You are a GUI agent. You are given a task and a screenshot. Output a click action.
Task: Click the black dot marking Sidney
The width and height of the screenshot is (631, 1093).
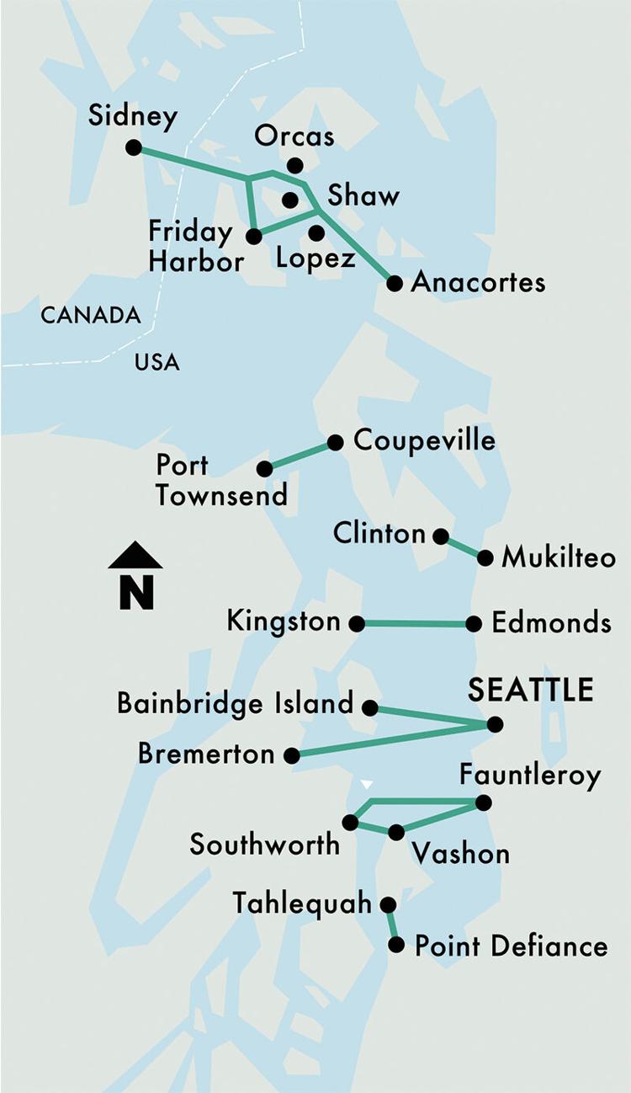[x=133, y=147]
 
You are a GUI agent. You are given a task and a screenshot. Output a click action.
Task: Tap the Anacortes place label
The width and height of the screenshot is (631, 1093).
[x=477, y=282]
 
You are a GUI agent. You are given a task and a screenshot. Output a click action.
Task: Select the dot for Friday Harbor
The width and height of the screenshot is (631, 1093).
[x=253, y=237]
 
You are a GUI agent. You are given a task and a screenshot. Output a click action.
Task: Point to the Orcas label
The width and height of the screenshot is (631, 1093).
[x=294, y=136]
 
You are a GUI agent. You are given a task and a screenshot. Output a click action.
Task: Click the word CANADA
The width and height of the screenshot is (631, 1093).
[x=91, y=316]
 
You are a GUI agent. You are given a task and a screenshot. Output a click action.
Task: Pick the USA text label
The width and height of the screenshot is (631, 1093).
[x=156, y=362]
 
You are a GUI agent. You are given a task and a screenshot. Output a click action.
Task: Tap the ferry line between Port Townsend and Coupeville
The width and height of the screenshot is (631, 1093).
[x=300, y=456]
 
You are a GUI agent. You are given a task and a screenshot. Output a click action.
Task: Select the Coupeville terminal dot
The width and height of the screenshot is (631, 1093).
[x=335, y=442]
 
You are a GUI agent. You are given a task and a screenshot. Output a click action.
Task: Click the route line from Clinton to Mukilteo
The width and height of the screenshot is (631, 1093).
[x=463, y=546]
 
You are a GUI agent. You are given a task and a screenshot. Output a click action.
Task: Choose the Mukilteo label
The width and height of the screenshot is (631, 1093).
[x=558, y=557]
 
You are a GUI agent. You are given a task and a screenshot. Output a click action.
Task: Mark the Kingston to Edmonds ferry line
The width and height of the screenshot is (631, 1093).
[x=415, y=624]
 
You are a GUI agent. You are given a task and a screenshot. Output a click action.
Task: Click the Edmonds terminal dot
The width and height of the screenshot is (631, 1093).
[x=474, y=624]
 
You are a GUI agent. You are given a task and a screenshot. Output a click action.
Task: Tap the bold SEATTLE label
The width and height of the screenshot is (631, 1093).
[x=530, y=690]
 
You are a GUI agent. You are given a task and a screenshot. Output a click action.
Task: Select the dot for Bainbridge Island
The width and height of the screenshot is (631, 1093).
[x=369, y=707]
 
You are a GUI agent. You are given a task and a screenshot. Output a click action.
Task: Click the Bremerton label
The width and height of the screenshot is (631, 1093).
[x=206, y=754]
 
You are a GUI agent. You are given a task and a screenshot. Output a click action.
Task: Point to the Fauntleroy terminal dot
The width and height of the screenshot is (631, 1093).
[x=483, y=802]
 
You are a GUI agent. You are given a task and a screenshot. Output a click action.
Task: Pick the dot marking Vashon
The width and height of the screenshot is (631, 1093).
[x=395, y=832]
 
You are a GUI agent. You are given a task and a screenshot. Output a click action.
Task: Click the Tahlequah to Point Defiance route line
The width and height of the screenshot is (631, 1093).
[x=392, y=925]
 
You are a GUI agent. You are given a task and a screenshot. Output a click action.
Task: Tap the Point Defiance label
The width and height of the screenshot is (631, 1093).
[x=511, y=946]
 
